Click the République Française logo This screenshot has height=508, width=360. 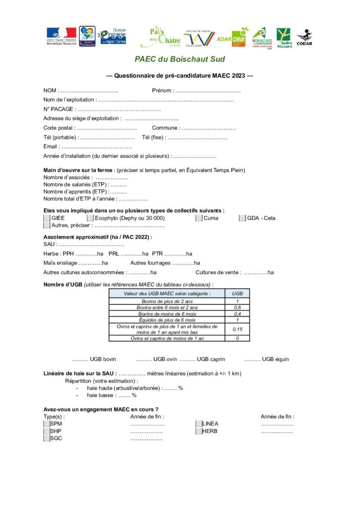point(61,36)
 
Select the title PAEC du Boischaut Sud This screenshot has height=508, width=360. point(180,60)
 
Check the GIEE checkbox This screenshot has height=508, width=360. point(47,218)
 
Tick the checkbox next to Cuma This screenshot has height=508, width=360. point(199,218)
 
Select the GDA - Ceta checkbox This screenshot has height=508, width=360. point(242,218)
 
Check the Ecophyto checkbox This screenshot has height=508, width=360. point(90,218)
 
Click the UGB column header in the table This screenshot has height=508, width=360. point(237,294)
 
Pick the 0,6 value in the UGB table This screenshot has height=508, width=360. point(237,308)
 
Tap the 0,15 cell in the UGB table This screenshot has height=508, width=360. point(237,329)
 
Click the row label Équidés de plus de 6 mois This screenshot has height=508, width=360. point(167,320)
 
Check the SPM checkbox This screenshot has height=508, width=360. point(47,424)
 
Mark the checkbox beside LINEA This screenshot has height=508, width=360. point(199,424)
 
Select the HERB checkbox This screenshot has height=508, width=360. point(199,431)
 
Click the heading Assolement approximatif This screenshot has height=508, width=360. point(97,237)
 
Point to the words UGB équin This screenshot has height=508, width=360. point(276,359)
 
